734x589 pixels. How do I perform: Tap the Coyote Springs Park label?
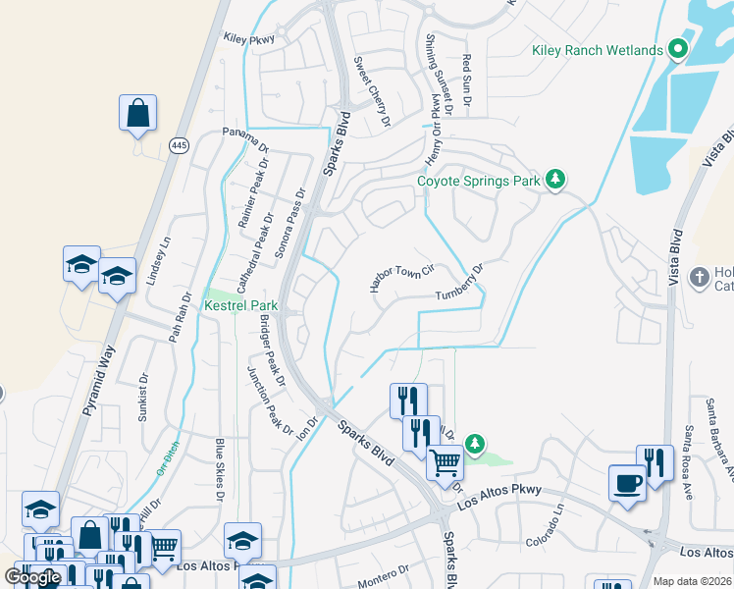pos(479,180)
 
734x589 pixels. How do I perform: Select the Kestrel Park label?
pos(240,306)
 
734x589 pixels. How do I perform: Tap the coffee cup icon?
pos(627,483)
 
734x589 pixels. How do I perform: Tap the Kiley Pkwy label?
pos(248,40)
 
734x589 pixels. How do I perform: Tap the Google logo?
pos(32,577)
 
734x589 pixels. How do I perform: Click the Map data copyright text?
pos(692,581)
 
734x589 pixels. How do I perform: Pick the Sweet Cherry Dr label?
pos(372,91)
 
